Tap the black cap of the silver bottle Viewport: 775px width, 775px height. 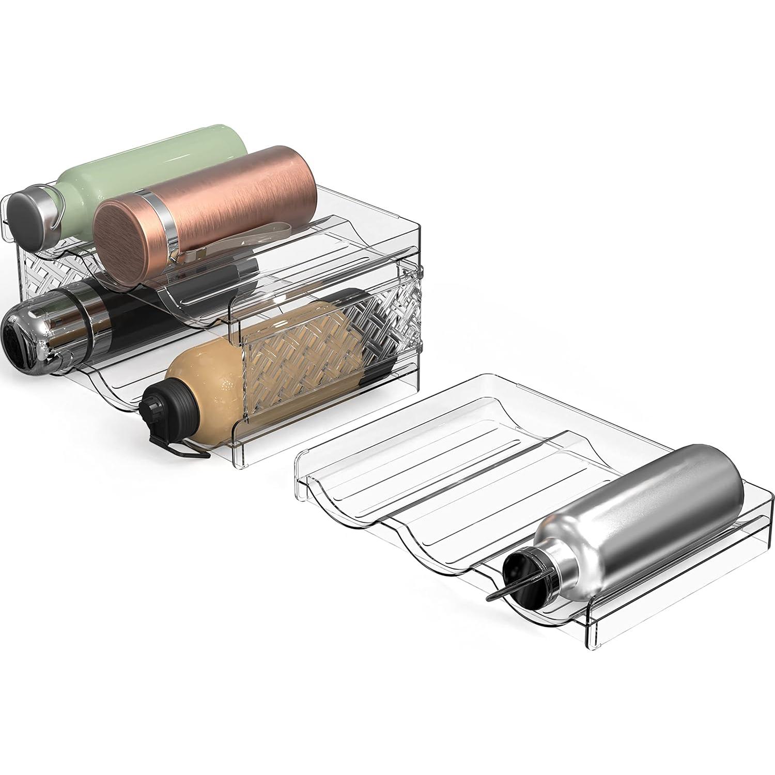coord(522,568)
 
